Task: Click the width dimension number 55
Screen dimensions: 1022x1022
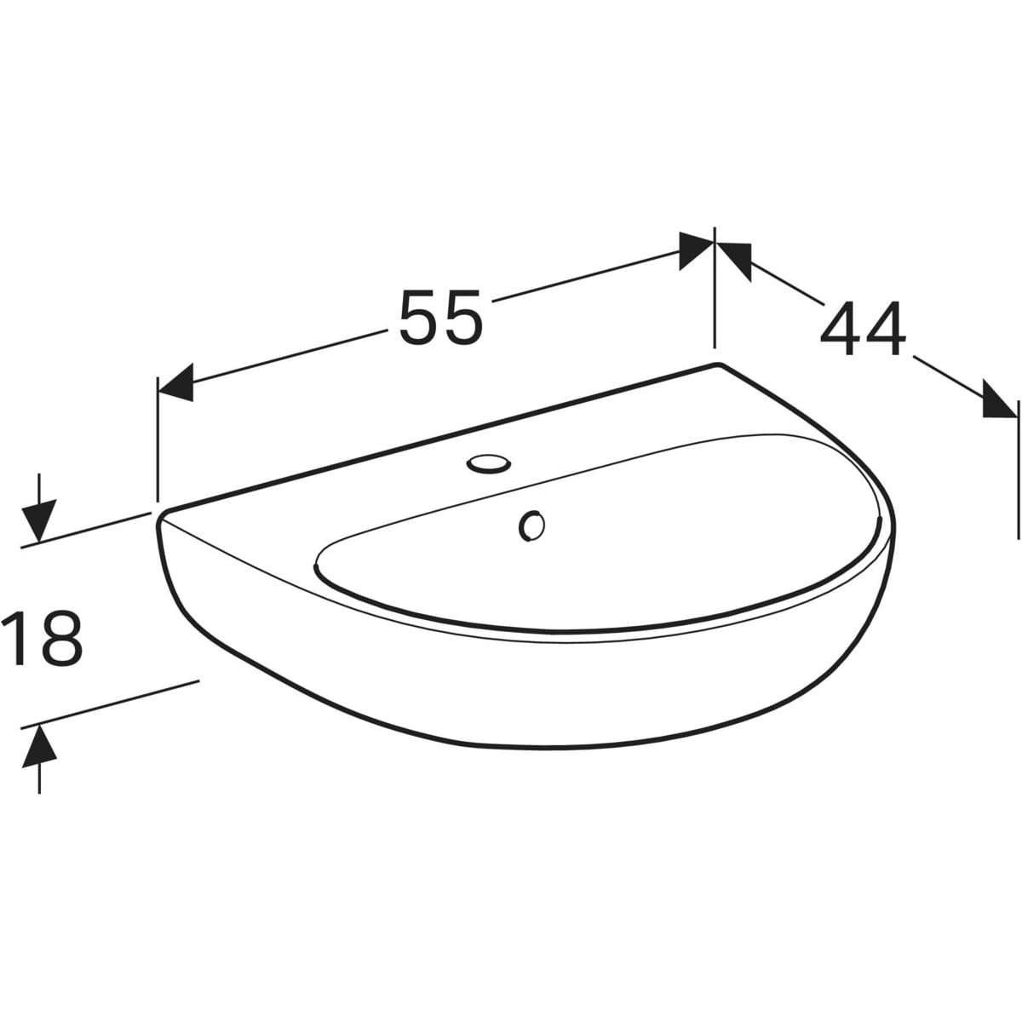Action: point(441,317)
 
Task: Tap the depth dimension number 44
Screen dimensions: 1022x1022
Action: point(863,329)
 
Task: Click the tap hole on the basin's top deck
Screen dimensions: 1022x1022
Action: point(489,463)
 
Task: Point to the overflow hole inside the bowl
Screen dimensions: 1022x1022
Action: point(531,525)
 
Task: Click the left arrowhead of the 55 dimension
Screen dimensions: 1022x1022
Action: point(175,383)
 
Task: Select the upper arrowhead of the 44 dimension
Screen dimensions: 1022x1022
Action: point(734,261)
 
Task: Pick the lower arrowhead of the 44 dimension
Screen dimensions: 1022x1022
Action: point(1000,399)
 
